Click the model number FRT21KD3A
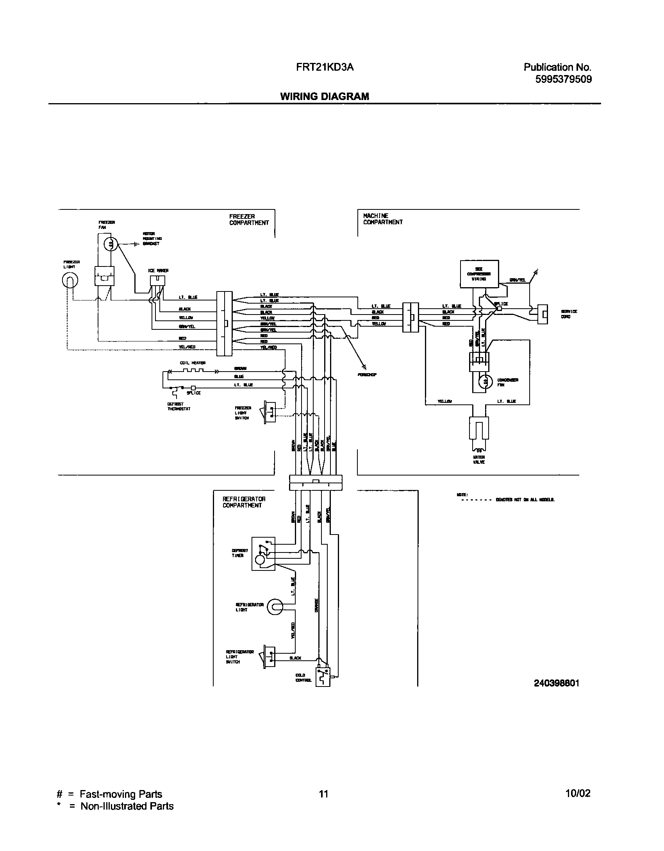point(325,67)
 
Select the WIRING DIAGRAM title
point(324,97)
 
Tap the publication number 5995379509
point(563,79)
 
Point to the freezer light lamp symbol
point(70,280)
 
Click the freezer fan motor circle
point(111,244)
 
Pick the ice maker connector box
point(157,281)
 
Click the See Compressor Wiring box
point(479,274)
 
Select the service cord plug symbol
point(543,314)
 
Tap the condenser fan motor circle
point(484,382)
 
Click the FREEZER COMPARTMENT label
point(249,220)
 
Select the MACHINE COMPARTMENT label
point(382,219)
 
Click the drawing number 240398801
point(557,683)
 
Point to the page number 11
point(323,794)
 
